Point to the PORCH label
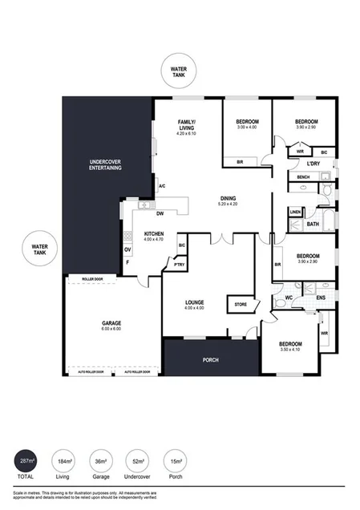[x=209, y=359]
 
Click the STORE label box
[x=241, y=305]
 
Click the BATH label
[x=313, y=225]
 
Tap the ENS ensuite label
[x=321, y=297]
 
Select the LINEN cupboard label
[x=296, y=212]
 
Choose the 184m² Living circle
[x=63, y=463]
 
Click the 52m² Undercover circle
[x=139, y=463]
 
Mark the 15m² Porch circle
[x=176, y=463]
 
